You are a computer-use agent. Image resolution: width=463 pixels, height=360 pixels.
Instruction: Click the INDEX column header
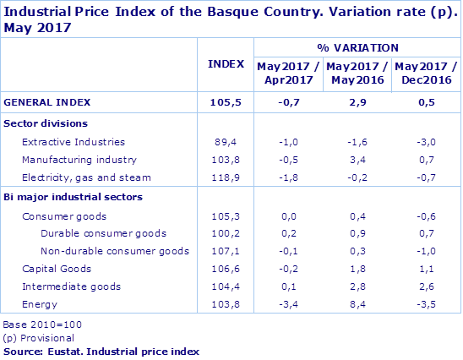tap(226, 63)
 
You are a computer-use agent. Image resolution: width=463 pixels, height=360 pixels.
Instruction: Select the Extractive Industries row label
tap(73, 142)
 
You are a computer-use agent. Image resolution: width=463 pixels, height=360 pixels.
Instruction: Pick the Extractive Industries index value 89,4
tap(226, 142)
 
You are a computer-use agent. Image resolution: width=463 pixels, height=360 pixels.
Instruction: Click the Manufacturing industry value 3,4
tap(356, 159)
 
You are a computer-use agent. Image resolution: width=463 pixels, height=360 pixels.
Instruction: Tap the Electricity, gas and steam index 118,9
tap(226, 177)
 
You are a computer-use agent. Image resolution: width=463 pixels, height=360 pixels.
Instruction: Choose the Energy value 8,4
tap(356, 304)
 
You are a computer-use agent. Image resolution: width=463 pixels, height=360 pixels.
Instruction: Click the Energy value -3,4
tap(287, 304)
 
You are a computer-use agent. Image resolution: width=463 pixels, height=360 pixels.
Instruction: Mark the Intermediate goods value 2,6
tap(426, 286)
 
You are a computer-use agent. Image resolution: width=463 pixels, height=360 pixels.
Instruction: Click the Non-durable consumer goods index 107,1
tap(226, 251)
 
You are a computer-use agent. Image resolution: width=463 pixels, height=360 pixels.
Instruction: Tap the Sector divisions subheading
tap(40, 123)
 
